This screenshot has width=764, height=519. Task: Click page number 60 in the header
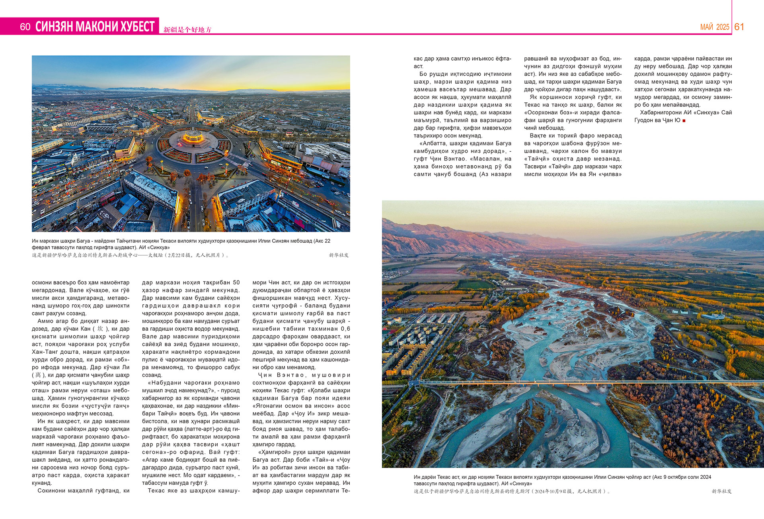(x=25, y=27)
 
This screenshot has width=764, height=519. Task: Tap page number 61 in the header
(x=739, y=27)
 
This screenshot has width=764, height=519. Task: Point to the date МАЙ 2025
(x=715, y=27)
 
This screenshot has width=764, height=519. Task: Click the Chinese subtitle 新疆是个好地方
(x=187, y=29)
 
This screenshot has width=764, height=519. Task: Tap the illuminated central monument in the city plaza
(x=193, y=137)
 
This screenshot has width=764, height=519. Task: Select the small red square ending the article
(x=684, y=120)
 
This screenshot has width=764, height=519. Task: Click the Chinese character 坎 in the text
(x=100, y=329)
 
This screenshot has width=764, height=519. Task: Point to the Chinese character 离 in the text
(x=38, y=375)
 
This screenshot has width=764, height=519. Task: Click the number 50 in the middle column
(x=236, y=283)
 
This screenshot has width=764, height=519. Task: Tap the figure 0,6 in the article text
(x=345, y=329)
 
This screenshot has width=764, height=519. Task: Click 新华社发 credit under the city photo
(x=339, y=255)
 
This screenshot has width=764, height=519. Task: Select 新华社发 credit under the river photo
(x=721, y=492)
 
